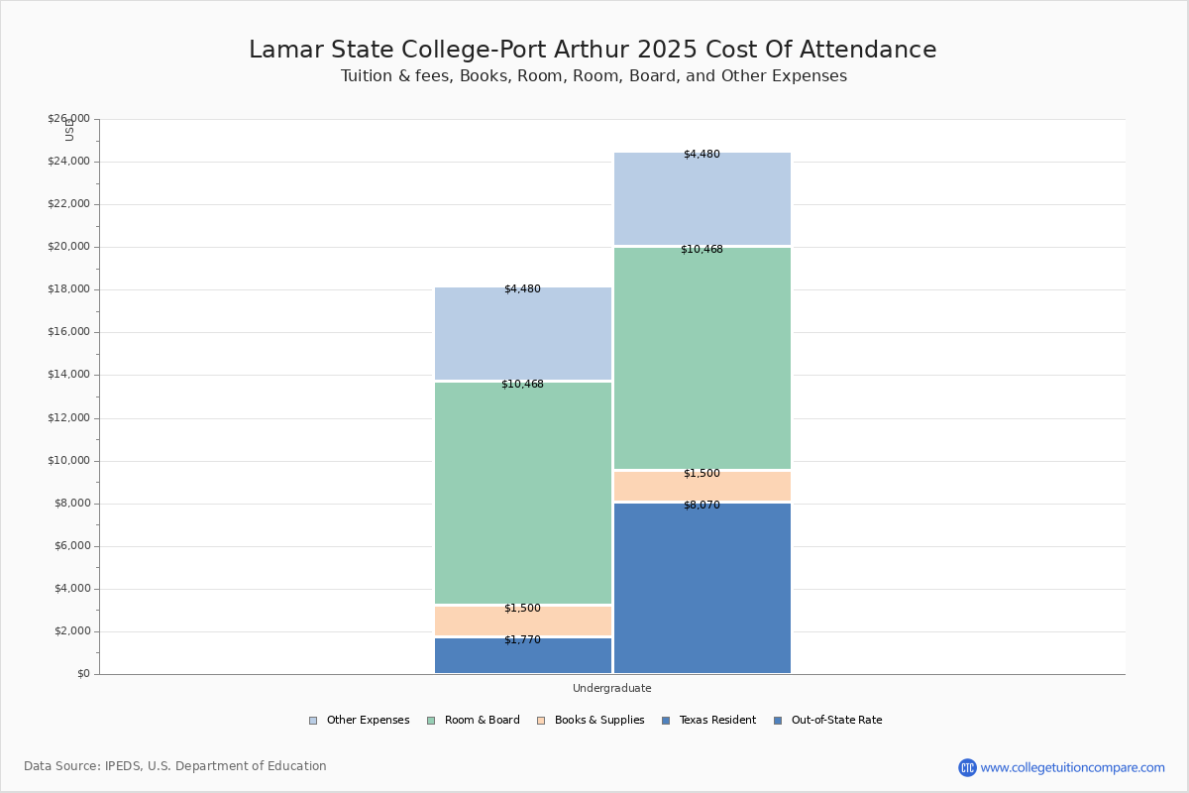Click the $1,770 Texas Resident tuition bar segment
pos(522,655)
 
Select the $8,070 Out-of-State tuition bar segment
pos(702,588)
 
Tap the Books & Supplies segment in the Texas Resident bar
pos(522,621)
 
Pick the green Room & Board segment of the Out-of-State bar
pos(702,358)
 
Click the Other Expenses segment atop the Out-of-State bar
pos(702,198)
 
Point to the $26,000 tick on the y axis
pos(68,119)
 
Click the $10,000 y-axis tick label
pos(68,461)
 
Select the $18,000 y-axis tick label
pos(68,289)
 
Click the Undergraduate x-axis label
pos(611,688)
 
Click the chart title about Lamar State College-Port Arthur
pos(593,50)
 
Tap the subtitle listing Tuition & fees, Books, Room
pos(594,76)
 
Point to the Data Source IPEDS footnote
pos(175,766)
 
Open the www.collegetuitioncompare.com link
pos(1072,767)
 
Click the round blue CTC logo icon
pos(967,767)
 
